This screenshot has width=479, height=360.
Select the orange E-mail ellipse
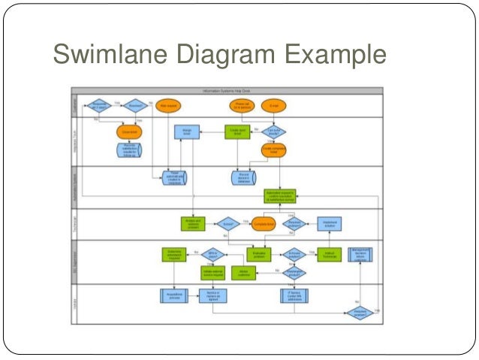coord(276,106)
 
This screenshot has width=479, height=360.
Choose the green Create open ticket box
coord(237,132)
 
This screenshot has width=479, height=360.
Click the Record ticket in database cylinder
coord(243,177)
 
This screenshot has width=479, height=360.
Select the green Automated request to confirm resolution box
coord(280,196)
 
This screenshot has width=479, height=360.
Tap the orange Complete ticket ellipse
coord(263,223)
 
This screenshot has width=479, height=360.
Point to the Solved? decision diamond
coord(227,223)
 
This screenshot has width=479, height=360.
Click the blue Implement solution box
coord(330,223)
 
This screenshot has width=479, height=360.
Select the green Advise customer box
coord(243,272)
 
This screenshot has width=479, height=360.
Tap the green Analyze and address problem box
coord(193,223)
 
